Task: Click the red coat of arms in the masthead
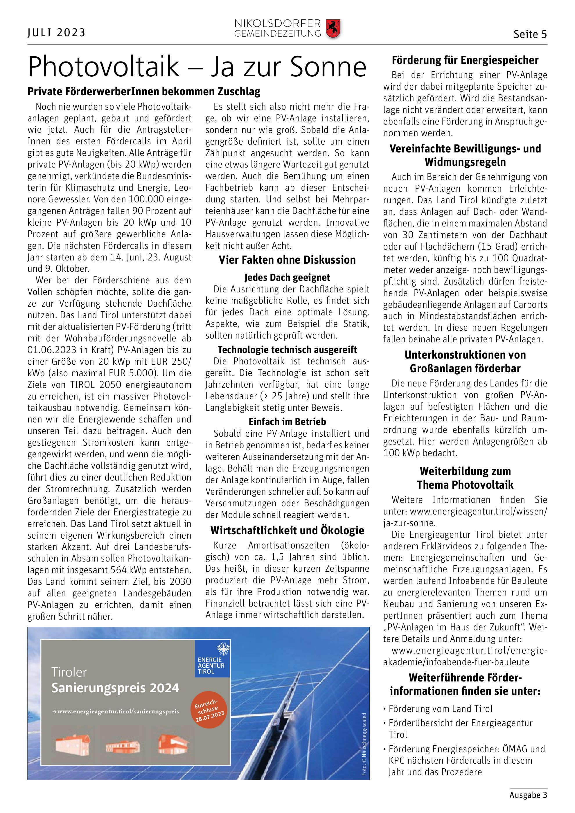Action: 333,29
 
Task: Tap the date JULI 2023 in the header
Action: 57,33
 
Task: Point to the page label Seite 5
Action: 530,34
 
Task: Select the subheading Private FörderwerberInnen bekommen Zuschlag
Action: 144,92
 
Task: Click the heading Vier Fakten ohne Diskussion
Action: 287,260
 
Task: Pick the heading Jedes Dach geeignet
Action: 287,277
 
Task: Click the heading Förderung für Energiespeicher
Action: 465,60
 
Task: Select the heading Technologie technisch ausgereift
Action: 287,350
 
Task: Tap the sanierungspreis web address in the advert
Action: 115,711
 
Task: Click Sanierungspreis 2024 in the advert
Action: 115,688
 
